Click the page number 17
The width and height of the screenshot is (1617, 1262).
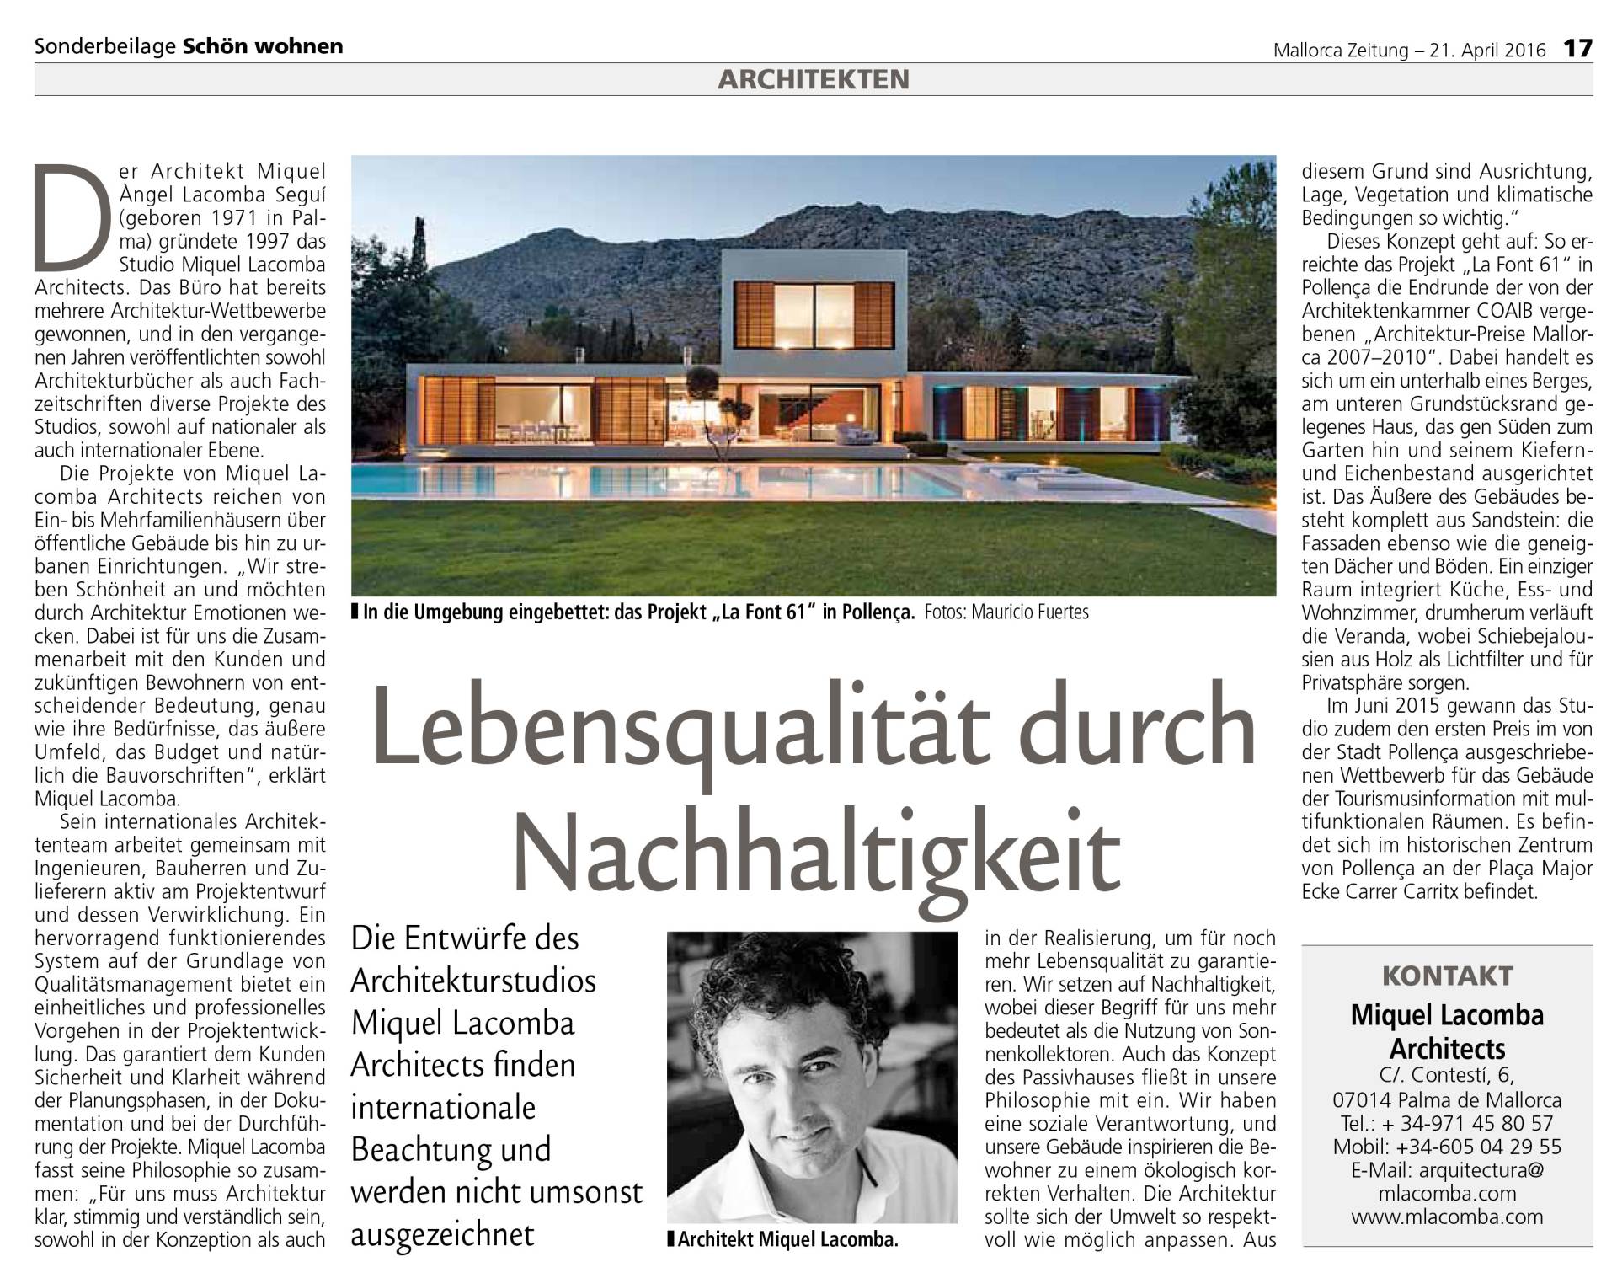pyautogui.click(x=1578, y=48)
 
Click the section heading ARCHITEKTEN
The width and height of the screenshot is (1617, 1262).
pyautogui.click(x=814, y=79)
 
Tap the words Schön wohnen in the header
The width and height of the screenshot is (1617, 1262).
pyautogui.click(x=264, y=46)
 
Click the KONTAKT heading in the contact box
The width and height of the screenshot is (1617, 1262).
pyautogui.click(x=1447, y=976)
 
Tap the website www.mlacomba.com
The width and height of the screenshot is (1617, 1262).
pyautogui.click(x=1447, y=1217)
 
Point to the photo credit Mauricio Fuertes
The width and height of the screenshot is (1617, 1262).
pyautogui.click(x=1030, y=612)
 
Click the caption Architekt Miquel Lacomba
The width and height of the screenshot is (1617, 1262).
pyautogui.click(x=787, y=1239)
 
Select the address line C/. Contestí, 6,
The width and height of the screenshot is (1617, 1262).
pyautogui.click(x=1447, y=1076)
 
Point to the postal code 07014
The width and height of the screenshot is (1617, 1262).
pyautogui.click(x=1361, y=1099)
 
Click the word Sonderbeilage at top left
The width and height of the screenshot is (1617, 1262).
pyautogui.click(x=105, y=46)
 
